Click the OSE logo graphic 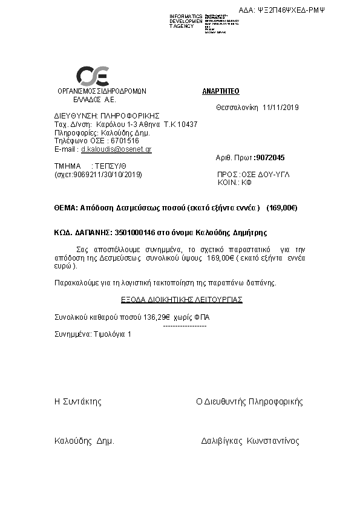[92, 76]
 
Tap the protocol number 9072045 [270, 157]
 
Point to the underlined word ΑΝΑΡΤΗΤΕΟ [221, 91]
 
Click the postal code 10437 [185, 124]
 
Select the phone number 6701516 [125, 140]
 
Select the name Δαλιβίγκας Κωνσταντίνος [250, 441]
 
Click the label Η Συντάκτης [78, 401]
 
